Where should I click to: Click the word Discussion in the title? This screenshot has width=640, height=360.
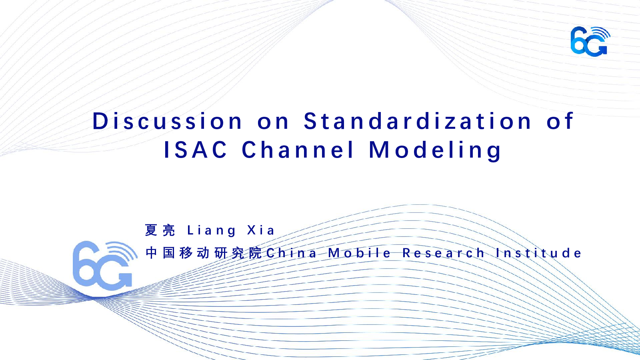coord(167,121)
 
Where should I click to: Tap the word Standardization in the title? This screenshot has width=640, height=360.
coord(418,121)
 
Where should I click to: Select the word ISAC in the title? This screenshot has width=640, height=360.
coord(196,150)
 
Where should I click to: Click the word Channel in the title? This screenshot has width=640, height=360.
coord(298,150)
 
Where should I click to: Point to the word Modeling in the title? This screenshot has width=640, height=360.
coord(435,151)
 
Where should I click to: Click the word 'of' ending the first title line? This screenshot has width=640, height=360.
coord(560,121)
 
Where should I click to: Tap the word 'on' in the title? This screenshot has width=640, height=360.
coord(273,122)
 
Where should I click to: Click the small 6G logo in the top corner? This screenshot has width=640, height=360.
coord(590,42)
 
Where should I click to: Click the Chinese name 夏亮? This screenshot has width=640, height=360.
coord(160,230)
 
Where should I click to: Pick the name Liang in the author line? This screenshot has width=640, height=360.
coord(212,231)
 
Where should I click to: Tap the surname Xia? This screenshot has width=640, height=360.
coord(261,230)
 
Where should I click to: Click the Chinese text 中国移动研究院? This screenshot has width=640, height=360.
coord(204,253)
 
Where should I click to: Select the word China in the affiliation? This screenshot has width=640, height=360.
coord(292,253)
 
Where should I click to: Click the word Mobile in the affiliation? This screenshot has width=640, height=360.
coord(359,253)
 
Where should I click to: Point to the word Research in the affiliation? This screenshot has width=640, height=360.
coord(443,253)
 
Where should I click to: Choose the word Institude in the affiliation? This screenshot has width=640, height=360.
coord(538,253)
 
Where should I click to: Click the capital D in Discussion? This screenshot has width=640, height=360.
coord(100,121)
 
